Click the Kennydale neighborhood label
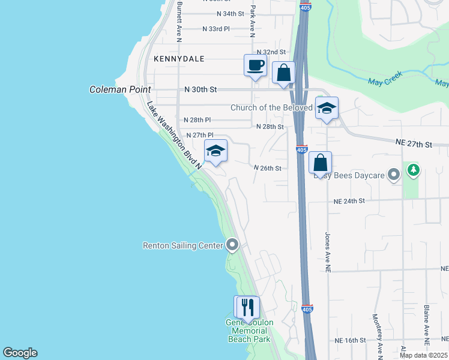179,59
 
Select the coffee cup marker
255,65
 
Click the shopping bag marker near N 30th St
283,73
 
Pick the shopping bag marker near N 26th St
321,163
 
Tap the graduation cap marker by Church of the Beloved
327,108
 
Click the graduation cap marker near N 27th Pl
215,151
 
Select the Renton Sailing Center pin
233,245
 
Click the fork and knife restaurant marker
247,307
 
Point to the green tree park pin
413,170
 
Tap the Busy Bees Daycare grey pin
394,175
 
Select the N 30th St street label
200,89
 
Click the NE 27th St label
414,144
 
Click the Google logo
20,353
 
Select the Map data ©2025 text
423,355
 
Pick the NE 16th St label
350,340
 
